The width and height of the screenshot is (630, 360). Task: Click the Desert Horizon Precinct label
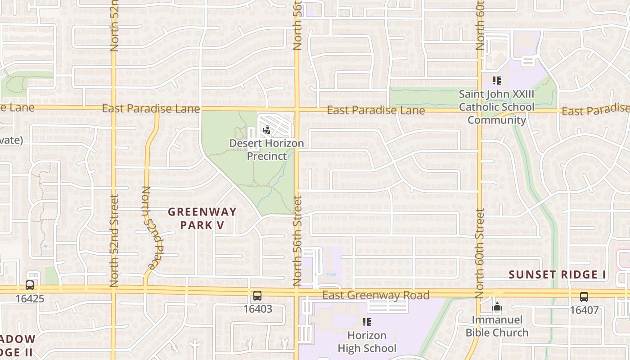pos(266,149)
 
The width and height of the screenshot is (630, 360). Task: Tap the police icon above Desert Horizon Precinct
pos(266,130)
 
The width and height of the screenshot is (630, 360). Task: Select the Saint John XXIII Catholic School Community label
pos(497,107)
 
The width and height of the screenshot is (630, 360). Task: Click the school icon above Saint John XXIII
pos(497,81)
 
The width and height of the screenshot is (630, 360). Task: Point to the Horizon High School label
pos(367,342)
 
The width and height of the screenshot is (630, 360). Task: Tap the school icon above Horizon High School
pos(367,322)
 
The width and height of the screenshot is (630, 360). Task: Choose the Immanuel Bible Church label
pos(497,326)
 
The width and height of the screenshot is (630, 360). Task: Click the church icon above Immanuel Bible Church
pos(497,308)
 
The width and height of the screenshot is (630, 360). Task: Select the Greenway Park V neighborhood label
pos(202,218)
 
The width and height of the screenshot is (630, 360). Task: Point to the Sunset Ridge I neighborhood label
pos(558,274)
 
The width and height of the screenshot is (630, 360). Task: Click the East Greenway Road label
pos(376,295)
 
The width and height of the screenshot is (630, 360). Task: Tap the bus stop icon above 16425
pos(30,285)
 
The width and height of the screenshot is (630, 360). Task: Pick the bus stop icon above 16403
pos(257,296)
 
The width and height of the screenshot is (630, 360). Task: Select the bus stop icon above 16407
pos(584,297)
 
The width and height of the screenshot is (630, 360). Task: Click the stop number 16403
pos(257,309)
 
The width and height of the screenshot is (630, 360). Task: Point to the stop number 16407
pos(584,310)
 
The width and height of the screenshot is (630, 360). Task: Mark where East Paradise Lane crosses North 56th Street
pos(297,109)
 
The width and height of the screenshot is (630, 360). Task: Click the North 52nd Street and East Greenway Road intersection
pos(113,289)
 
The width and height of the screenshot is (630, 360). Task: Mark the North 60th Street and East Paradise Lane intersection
pos(480,110)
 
